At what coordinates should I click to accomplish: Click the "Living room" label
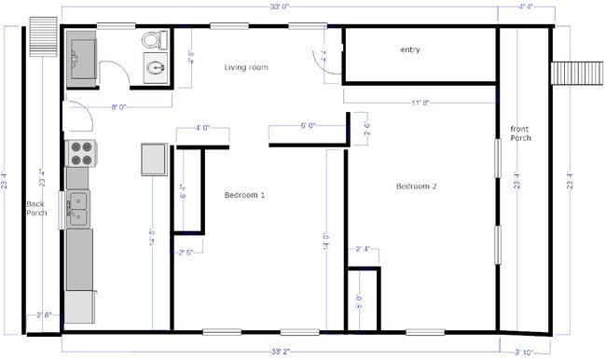[246, 67]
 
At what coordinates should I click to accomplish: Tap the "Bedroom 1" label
[244, 195]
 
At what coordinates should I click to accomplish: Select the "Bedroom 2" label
[416, 187]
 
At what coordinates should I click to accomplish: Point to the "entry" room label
[410, 50]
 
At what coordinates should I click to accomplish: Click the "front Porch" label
[520, 132]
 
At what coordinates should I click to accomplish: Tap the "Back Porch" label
[36, 208]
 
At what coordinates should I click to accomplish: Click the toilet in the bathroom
[154, 40]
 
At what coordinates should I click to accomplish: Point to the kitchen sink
[78, 207]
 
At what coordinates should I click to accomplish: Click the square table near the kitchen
[154, 159]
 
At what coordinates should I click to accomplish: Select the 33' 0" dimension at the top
[280, 7]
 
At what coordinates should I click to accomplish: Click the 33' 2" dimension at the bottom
[280, 352]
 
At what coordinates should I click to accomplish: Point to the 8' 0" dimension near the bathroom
[118, 108]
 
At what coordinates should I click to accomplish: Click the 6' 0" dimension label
[309, 125]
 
